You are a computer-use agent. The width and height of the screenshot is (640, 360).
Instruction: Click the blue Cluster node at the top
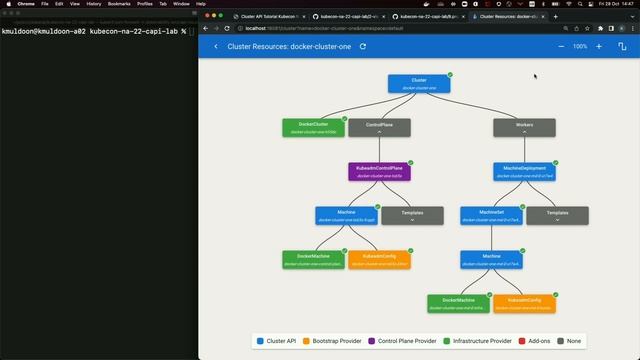click(x=419, y=83)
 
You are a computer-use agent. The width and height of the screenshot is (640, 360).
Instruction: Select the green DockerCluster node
click(x=313, y=127)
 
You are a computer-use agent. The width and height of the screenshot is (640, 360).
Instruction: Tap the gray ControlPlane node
click(x=379, y=127)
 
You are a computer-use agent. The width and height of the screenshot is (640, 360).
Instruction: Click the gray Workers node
click(x=524, y=127)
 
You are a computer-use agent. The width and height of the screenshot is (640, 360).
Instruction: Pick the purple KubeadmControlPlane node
click(x=379, y=171)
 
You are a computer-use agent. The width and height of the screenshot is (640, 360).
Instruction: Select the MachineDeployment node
click(x=524, y=171)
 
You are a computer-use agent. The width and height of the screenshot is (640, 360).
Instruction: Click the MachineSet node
click(x=491, y=215)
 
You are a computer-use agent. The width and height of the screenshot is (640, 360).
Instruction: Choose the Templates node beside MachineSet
click(x=557, y=215)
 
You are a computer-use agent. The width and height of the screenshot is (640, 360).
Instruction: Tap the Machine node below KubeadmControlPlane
click(x=346, y=215)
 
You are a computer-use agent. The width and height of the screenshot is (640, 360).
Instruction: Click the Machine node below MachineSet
click(x=491, y=259)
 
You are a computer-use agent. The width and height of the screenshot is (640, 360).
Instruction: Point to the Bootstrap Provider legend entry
click(x=331, y=341)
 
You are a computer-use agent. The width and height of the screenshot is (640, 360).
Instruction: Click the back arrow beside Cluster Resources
click(x=216, y=46)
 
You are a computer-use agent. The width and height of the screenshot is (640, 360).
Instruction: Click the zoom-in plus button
click(x=599, y=46)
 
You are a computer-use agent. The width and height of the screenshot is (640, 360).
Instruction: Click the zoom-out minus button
click(x=561, y=46)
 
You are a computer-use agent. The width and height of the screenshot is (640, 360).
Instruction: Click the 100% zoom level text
click(x=580, y=46)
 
